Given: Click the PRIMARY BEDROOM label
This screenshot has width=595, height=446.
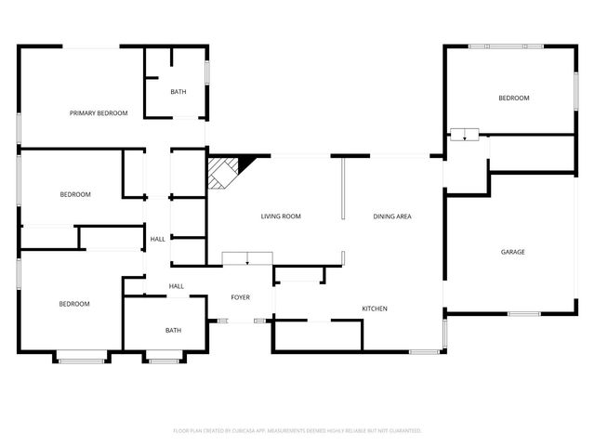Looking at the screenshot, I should pos(99,113).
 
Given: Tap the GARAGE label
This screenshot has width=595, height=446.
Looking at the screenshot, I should pos(513,252).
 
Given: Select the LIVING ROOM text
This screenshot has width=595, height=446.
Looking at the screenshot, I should pos(280,216).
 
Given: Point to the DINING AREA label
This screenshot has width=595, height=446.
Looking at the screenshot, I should pos(392,216).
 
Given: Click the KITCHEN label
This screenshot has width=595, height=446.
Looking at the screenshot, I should pos(375,308).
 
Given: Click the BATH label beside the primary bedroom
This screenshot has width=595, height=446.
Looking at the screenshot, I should pos(178,92).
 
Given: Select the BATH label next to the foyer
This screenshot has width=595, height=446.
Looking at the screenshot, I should pos(173,330).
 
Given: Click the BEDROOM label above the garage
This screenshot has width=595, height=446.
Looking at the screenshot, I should pos(513,98).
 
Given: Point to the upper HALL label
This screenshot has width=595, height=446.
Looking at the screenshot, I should pos(158,240).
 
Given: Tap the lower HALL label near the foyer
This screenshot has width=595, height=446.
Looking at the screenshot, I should pos(176,286).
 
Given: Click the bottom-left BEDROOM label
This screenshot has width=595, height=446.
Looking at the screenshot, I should pos(74,304).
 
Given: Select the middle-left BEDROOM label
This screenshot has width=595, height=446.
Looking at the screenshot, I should pos(74,194).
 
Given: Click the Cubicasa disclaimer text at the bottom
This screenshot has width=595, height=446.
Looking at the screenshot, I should pos(297,431).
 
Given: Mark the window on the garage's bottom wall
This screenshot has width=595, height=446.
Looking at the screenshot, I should pos(524,314).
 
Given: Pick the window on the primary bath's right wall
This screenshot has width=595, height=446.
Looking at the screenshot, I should pos(207,72).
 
